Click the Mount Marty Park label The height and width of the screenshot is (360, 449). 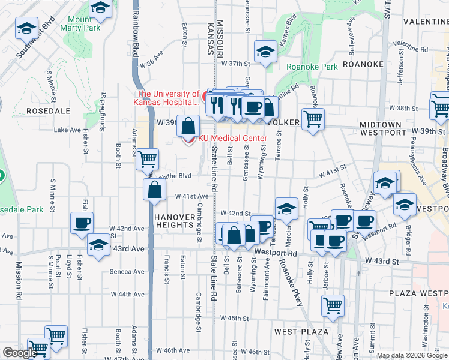[83, 23]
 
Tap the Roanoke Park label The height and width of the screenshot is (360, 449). [311, 67]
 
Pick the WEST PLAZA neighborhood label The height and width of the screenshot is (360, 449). [301, 331]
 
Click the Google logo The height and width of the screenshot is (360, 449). [20, 353]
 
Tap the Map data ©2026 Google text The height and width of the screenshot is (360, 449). [412, 355]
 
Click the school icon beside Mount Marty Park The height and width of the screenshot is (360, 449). [101, 7]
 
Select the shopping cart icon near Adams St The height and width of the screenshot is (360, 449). [147, 160]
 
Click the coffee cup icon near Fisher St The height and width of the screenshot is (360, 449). [82, 223]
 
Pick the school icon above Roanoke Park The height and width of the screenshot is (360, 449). [265, 51]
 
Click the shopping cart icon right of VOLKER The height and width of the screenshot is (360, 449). [313, 118]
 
